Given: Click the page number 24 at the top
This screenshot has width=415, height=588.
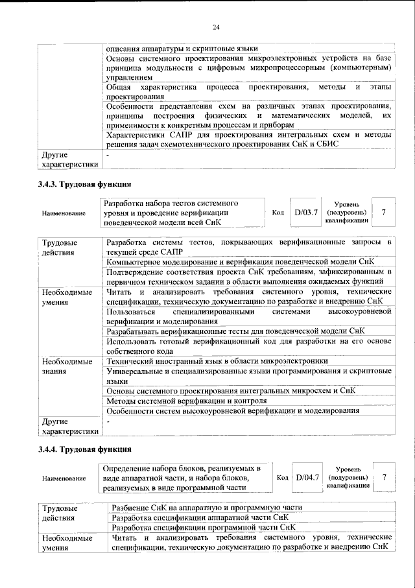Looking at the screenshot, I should tap(216, 27).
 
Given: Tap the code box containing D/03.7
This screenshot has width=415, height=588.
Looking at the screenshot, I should tap(306, 212).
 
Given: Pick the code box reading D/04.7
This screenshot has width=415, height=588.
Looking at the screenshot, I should tap(307, 477).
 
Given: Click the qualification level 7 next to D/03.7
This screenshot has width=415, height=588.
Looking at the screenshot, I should tap(384, 212).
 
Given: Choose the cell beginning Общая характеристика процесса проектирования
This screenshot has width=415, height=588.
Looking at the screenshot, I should tap(249, 91).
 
